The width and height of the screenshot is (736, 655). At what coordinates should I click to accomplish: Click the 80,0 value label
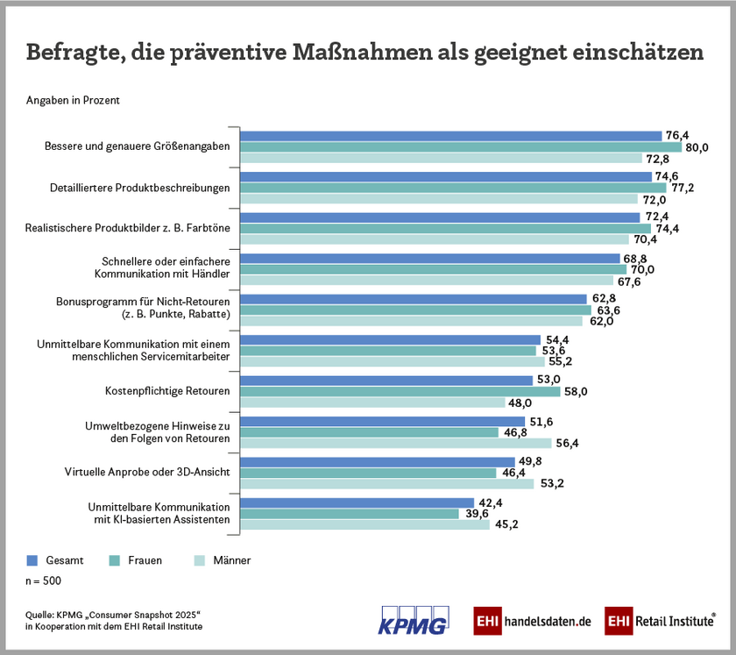697,147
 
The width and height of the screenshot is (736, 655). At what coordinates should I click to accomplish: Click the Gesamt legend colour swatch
32,560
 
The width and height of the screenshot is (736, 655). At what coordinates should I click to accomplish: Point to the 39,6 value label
478,513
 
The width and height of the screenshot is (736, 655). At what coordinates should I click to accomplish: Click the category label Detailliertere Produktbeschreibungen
138,188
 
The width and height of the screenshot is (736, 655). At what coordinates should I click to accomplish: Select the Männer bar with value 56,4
396,443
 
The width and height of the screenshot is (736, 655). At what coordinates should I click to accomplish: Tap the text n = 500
43,580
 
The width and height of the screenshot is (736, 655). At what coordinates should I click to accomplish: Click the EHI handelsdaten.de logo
533,621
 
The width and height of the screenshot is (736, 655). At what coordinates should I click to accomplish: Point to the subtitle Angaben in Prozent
73,100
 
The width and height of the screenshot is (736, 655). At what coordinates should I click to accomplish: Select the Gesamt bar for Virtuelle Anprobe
378,461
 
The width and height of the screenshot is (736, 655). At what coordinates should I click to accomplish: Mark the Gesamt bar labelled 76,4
450,136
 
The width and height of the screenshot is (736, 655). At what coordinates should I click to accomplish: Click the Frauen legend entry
138,560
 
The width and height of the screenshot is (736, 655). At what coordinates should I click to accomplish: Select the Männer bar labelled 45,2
365,524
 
